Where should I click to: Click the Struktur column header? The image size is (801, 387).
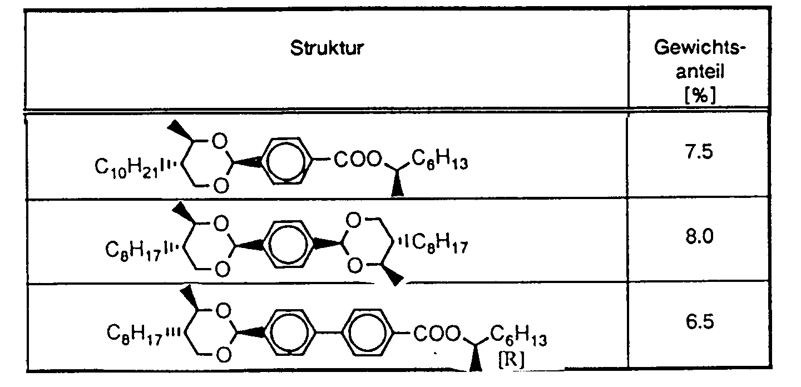click(327, 48)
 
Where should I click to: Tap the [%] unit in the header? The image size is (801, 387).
click(699, 96)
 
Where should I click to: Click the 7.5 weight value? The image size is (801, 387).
click(699, 152)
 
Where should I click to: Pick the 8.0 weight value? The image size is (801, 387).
click(699, 237)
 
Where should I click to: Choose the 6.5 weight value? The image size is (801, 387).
click(699, 323)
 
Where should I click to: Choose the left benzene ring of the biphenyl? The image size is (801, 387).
click(291, 333)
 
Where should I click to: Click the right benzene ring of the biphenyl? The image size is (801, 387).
click(368, 333)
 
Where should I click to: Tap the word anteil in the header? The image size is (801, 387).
click(699, 72)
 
